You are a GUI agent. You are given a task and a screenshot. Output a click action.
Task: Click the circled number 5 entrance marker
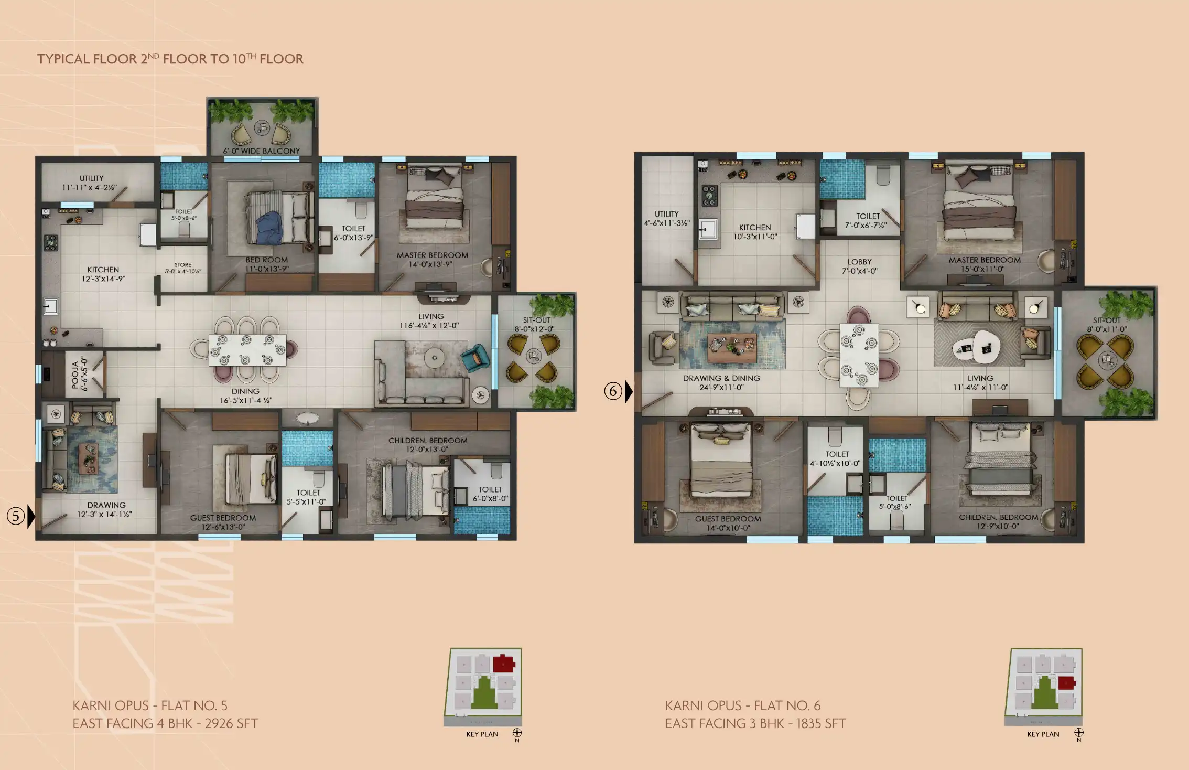(16, 516)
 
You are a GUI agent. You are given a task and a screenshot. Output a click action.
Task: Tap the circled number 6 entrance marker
(613, 391)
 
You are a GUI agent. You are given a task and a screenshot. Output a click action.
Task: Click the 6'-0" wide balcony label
(262, 151)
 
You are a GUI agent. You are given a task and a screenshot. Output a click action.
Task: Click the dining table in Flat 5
(247, 350)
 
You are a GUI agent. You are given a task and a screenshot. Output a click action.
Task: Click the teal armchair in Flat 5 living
(475, 358)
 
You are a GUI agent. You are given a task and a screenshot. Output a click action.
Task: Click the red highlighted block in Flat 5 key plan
(503, 663)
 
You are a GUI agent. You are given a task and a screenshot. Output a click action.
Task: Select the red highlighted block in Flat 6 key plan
(1066, 683)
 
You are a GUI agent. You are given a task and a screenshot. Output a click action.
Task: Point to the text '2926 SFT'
(231, 723)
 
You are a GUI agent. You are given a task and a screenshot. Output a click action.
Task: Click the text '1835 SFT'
(820, 723)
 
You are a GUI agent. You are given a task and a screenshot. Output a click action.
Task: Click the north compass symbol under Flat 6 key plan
(1078, 732)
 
